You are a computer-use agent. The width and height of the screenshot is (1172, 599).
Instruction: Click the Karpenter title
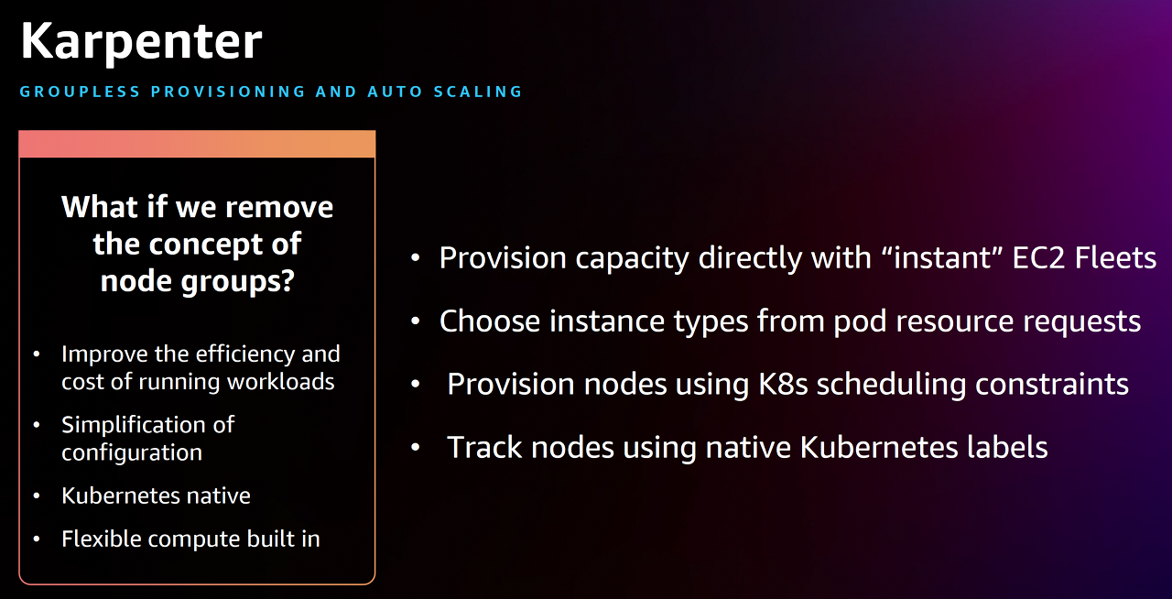tap(141, 43)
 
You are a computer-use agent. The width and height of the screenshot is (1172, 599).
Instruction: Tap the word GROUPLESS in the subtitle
tap(80, 92)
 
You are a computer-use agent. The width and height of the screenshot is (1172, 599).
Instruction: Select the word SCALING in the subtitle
tap(478, 92)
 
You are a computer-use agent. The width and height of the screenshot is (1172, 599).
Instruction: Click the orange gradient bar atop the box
tap(197, 144)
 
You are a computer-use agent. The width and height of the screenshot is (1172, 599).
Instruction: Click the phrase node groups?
tap(197, 281)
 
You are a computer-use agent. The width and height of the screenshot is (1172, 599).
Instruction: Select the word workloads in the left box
tap(280, 382)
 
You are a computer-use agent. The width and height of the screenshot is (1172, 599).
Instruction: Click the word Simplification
tap(148, 425)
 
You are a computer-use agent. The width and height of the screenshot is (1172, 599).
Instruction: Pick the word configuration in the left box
tap(132, 453)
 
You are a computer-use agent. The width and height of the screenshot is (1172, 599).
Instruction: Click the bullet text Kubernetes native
tap(156, 496)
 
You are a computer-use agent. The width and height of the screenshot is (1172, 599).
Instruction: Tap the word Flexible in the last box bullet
tap(102, 539)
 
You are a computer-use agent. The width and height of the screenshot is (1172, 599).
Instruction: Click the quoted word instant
tap(942, 257)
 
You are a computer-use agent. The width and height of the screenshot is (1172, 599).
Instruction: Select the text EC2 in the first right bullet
tap(1038, 257)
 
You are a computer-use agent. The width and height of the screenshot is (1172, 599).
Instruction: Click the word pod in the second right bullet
tap(860, 321)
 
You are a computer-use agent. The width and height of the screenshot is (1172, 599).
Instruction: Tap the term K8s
tap(783, 385)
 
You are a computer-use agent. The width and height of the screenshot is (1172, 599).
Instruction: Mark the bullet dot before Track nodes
tap(416, 447)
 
